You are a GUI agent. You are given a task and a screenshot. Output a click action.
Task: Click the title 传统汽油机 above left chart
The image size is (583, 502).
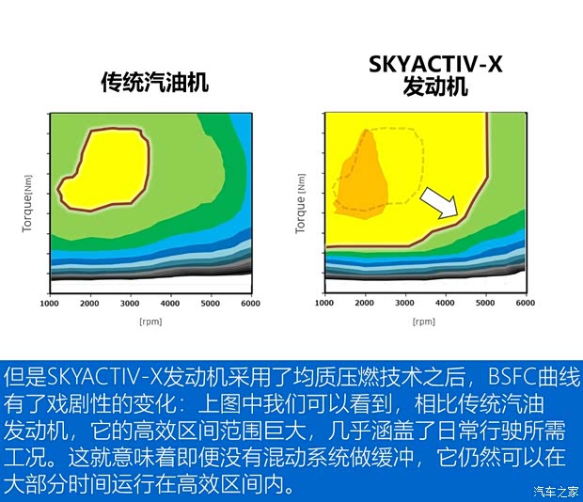(x=154, y=83)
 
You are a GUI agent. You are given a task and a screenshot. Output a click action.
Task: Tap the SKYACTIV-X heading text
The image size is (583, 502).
(x=434, y=66)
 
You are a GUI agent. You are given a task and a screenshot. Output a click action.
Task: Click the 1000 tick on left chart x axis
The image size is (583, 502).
(x=50, y=303)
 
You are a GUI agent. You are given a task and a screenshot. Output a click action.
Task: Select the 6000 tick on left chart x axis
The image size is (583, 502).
(x=250, y=303)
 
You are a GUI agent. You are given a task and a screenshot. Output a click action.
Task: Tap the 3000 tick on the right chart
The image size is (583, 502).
(x=405, y=303)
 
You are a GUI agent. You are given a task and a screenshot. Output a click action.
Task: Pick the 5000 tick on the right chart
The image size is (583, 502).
(x=485, y=303)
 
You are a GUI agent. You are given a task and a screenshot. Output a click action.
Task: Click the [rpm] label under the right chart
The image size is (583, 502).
(x=424, y=322)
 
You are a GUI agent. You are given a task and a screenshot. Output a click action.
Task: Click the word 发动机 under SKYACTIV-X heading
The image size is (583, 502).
(x=434, y=87)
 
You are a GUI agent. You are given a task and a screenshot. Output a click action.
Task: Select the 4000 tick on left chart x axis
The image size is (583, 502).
(x=170, y=303)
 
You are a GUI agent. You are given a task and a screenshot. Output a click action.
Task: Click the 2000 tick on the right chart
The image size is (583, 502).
(x=365, y=303)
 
